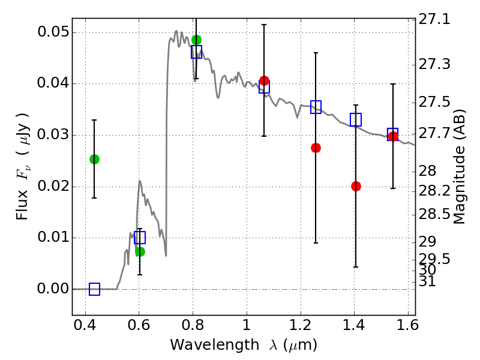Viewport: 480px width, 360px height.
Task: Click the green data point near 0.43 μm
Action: point(94,159)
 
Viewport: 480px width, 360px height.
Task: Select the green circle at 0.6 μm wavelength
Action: point(140,251)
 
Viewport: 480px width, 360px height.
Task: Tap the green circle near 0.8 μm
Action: point(196,40)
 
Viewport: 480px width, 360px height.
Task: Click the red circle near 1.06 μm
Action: point(264,80)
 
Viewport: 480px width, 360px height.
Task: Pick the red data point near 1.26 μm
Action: point(316,148)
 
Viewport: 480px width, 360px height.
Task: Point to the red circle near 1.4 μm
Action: point(356,186)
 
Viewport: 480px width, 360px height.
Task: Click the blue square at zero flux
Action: point(94,289)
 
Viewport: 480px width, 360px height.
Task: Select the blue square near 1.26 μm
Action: point(316,107)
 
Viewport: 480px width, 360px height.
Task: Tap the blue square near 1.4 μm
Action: point(356,119)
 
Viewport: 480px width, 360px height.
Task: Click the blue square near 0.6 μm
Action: point(140,238)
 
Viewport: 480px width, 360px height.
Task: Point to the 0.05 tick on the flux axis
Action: point(53,32)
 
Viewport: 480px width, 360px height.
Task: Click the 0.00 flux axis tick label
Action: point(53,289)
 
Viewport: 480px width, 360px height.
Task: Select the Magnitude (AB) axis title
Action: point(460,167)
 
